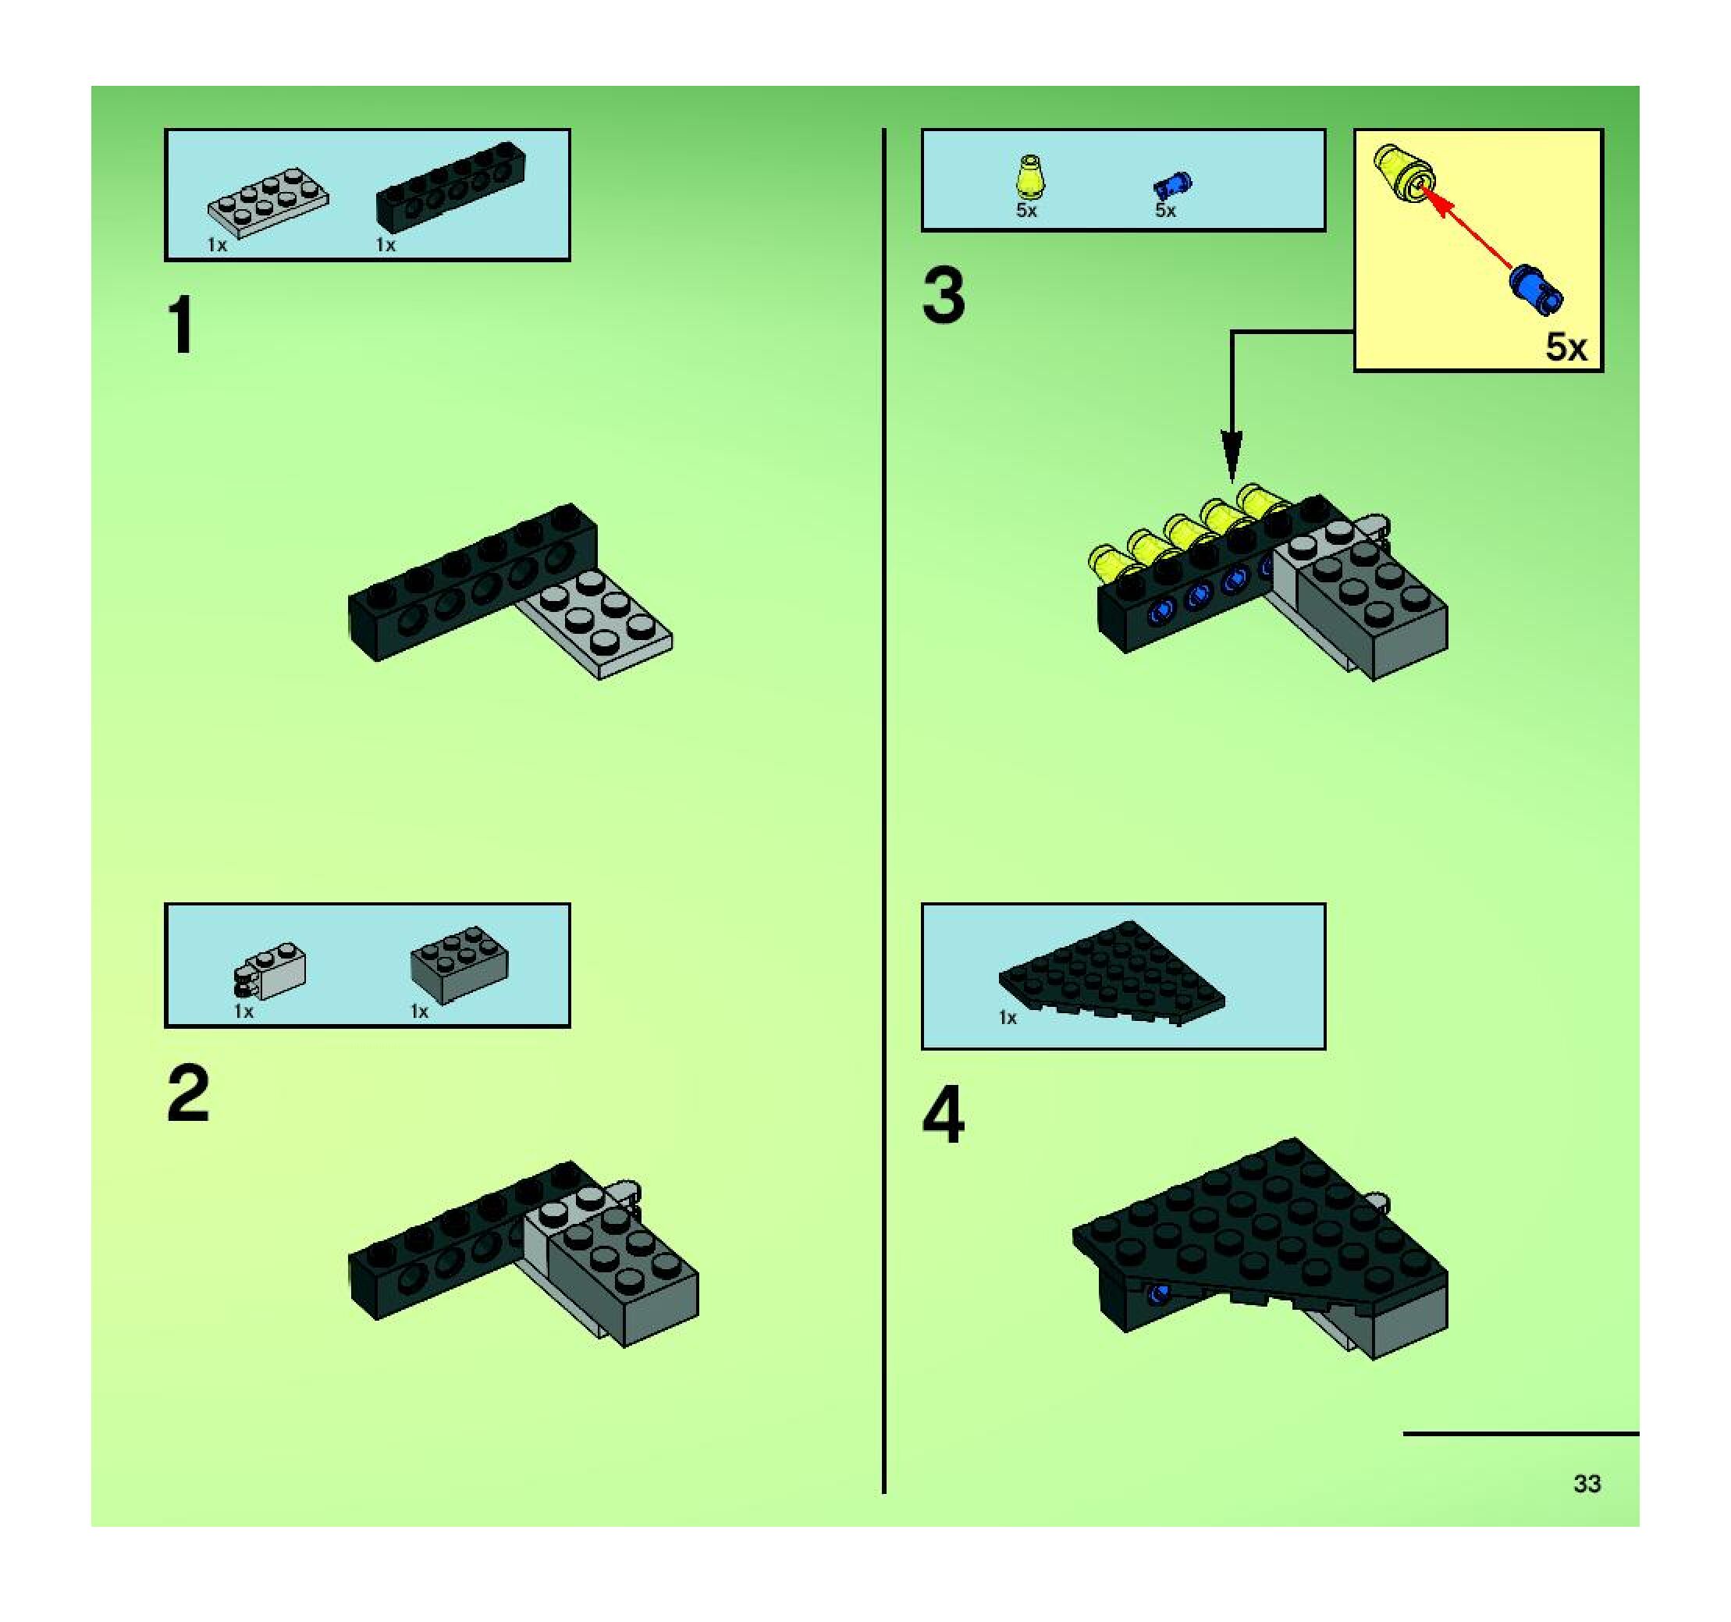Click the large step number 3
click(x=944, y=296)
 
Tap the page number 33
click(x=1587, y=1484)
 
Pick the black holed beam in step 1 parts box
click(x=451, y=187)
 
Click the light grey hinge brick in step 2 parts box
click(x=270, y=972)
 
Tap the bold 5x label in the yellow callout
click(x=1566, y=347)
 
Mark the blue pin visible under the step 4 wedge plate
click(x=1157, y=1293)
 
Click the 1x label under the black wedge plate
click(x=1008, y=1018)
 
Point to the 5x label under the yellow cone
click(x=1026, y=211)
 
